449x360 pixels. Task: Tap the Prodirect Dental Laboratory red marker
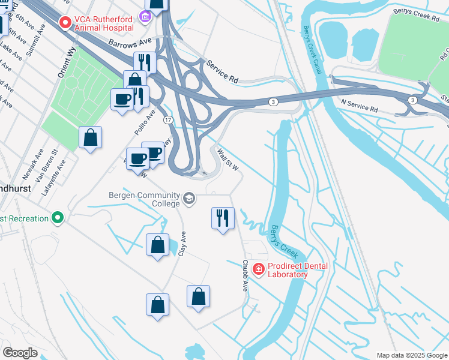259,269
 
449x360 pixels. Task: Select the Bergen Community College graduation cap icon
189,199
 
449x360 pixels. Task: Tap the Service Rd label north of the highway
222,71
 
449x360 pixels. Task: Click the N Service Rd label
359,106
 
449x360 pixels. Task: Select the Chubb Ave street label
246,275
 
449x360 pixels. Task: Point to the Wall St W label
228,159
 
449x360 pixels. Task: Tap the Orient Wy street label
65,62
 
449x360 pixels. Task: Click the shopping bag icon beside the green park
90,137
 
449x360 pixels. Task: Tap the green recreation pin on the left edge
58,218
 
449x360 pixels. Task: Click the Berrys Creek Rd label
417,14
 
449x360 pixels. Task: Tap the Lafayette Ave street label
60,174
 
